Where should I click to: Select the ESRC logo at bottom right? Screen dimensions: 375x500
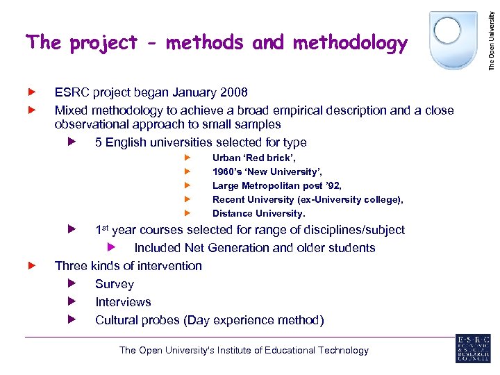(473, 349)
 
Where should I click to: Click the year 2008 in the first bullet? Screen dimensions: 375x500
(233, 92)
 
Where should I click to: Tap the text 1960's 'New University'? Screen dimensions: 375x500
(267, 172)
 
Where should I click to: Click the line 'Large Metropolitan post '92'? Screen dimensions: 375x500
(276, 186)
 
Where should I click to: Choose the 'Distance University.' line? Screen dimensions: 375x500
(258, 214)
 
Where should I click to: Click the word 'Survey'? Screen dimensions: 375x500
(115, 284)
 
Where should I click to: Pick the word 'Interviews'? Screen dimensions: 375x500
(123, 302)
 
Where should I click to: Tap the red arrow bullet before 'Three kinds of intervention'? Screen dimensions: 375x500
(31, 266)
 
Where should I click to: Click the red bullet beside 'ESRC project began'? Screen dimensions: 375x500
(31, 92)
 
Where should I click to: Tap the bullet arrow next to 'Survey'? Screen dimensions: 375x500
(71, 284)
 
